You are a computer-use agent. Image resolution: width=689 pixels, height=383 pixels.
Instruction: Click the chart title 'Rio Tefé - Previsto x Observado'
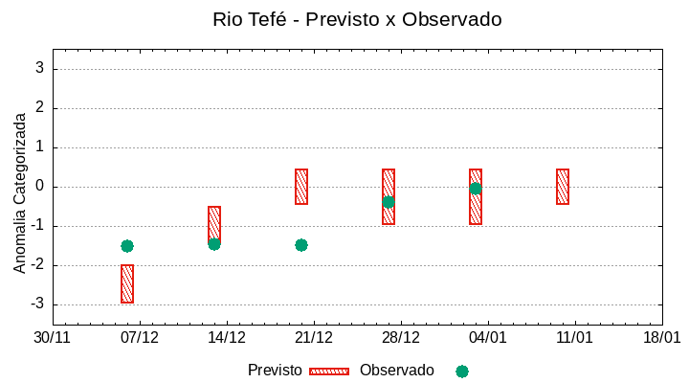click(x=357, y=19)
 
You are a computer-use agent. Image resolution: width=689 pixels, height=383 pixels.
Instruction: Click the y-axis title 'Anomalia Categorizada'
click(x=19, y=192)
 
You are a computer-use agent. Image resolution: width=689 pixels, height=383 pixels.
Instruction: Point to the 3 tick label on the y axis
click(x=40, y=68)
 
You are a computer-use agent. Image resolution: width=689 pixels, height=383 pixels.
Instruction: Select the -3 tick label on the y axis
click(x=37, y=304)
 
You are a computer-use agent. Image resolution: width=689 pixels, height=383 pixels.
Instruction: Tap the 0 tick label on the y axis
click(x=40, y=187)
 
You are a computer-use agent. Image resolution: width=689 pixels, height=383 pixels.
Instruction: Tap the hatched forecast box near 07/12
click(x=127, y=283)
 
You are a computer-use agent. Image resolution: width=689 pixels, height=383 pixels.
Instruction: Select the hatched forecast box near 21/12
click(x=301, y=187)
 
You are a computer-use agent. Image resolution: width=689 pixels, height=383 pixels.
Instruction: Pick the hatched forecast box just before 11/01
click(x=563, y=187)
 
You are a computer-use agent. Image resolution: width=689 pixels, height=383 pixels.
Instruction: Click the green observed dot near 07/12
click(x=127, y=246)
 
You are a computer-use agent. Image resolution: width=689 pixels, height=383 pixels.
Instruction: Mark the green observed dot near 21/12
click(x=301, y=245)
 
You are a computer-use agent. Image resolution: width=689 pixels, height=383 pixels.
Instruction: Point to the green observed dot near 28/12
click(x=389, y=202)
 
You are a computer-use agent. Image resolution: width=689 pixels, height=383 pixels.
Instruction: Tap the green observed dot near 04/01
click(x=476, y=189)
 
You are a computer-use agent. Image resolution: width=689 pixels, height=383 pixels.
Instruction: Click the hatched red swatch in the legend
click(x=329, y=371)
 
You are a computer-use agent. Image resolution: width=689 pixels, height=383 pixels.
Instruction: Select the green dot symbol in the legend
click(x=462, y=372)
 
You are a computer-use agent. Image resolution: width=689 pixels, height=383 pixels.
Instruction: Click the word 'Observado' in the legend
click(x=396, y=371)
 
